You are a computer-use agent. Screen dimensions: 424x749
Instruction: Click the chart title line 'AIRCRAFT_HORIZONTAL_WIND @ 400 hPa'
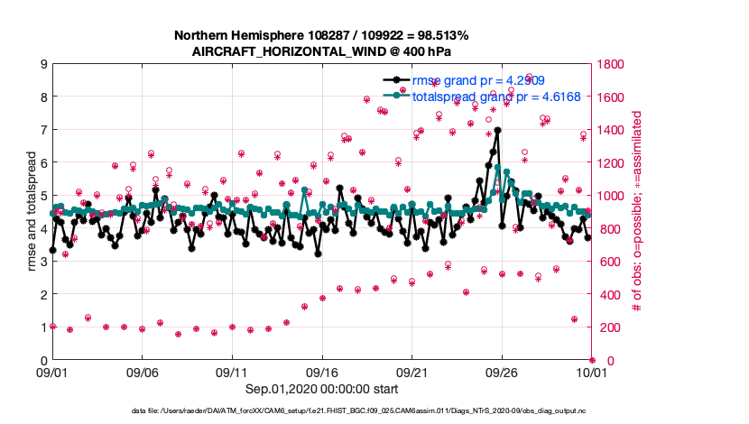point(322,51)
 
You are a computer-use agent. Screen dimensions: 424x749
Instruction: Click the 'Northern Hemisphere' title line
point(322,36)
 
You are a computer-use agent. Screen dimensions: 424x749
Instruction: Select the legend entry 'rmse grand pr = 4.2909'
point(478,81)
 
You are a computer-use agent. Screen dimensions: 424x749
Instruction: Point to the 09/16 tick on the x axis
point(322,371)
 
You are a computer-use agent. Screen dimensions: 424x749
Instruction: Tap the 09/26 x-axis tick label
point(502,371)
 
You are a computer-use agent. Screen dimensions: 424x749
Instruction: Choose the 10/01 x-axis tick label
point(591,371)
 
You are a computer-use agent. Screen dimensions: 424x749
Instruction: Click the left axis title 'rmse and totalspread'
point(31,212)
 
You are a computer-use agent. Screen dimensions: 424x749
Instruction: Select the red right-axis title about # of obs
point(637,212)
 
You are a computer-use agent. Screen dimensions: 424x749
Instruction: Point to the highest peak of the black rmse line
point(497,131)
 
